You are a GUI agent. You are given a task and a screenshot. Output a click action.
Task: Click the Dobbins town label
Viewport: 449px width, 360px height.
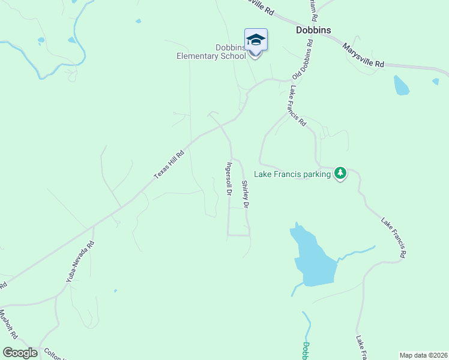(313, 30)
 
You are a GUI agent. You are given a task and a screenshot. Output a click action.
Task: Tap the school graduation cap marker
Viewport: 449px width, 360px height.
(255, 40)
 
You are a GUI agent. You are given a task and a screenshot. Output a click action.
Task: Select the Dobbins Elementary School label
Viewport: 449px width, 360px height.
(211, 52)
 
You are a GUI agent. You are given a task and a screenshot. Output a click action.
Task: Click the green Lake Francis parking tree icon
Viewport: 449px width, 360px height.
(340, 173)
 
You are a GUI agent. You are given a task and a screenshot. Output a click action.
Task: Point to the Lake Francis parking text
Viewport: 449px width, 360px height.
(292, 175)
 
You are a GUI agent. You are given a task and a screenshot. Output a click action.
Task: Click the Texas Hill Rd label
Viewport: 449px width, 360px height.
(169, 164)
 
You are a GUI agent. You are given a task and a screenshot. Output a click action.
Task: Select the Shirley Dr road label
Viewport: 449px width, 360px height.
(246, 194)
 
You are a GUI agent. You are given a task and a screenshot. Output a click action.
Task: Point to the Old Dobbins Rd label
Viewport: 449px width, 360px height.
(303, 60)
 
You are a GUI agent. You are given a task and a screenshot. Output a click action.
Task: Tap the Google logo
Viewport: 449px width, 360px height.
(20, 353)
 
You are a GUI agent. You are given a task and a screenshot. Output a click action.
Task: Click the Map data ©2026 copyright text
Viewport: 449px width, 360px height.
(423, 355)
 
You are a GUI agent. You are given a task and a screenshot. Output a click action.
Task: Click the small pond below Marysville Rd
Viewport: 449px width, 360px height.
(401, 85)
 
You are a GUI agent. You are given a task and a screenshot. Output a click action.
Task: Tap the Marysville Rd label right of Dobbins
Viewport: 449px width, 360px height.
(363, 55)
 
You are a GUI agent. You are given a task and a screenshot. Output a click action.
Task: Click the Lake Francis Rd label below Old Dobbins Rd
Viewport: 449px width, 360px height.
(297, 106)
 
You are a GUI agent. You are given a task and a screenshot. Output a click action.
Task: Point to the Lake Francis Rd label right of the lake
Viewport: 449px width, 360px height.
(394, 238)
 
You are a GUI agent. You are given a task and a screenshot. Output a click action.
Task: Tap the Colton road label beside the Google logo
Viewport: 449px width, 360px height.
(54, 355)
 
